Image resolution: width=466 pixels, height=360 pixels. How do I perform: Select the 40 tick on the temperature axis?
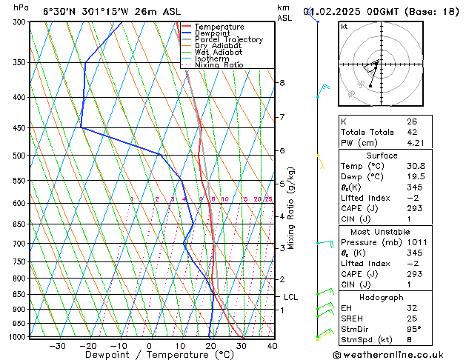[272, 345]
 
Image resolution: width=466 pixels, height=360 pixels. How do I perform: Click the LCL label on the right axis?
[290, 297]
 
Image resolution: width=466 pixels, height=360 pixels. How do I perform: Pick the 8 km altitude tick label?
[282, 82]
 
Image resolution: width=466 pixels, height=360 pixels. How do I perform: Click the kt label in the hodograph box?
[344, 27]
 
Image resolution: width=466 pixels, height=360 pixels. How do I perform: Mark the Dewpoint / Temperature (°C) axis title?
[149, 355]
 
